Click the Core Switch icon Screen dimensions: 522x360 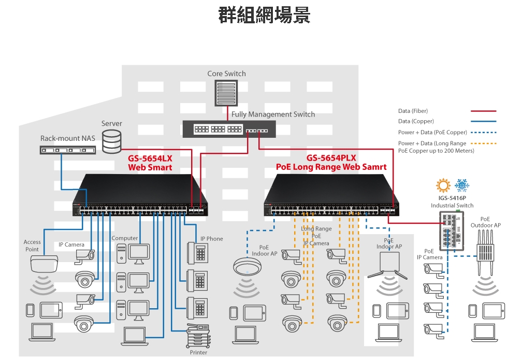(226, 93)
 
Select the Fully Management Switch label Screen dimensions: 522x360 (273, 114)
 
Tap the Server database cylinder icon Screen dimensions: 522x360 (111, 141)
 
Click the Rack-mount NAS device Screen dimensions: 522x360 (67, 150)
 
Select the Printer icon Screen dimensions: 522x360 (198, 336)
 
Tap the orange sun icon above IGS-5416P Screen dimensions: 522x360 (443, 185)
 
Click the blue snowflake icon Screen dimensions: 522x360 (462, 185)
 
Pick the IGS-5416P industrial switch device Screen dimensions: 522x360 (452, 231)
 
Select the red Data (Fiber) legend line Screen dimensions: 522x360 (483, 111)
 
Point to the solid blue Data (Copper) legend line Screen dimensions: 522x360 (483, 121)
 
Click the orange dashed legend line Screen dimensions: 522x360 (483, 143)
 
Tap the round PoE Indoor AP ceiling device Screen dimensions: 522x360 (247, 266)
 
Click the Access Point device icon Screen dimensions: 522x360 (44, 264)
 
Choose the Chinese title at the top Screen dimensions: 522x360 (264, 15)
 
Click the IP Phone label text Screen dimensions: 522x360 (212, 239)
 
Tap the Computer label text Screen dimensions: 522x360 (124, 238)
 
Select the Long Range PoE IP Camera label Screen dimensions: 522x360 (316, 236)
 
